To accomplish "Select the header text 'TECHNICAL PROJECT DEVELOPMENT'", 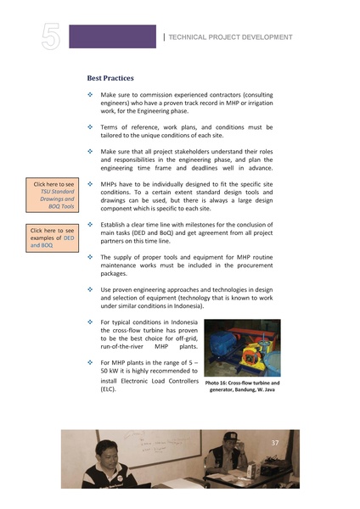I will point(231,38).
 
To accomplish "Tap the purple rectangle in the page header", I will point(112,36).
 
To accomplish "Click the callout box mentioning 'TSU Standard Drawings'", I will point(53,194).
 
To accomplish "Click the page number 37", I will point(275,443).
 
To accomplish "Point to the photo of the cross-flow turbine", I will point(242,348).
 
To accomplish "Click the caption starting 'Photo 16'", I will point(243,386).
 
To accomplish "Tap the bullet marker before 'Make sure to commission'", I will point(90,95).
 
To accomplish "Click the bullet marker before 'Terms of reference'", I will point(90,126).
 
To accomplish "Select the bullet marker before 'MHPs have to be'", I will point(90,182).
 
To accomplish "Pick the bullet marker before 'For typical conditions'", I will point(90,322).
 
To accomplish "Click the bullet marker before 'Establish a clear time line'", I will point(90,223).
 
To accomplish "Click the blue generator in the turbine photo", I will point(228,345).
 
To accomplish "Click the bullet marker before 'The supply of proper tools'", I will point(90,255).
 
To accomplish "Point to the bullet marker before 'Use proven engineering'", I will point(90,288).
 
